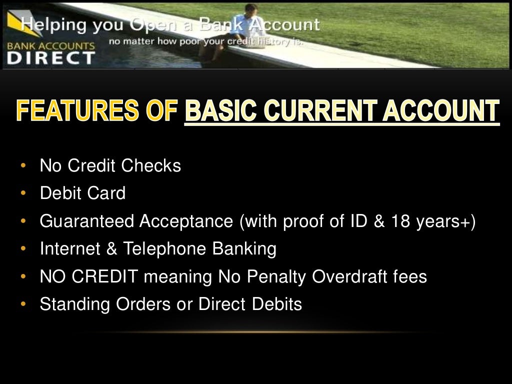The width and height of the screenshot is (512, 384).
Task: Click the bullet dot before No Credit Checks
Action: pos(23,165)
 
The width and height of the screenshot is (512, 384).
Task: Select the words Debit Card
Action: pos(82,193)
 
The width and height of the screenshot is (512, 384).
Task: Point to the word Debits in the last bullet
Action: pos(280,304)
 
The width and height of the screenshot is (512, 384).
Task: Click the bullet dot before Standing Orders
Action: pos(23,304)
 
